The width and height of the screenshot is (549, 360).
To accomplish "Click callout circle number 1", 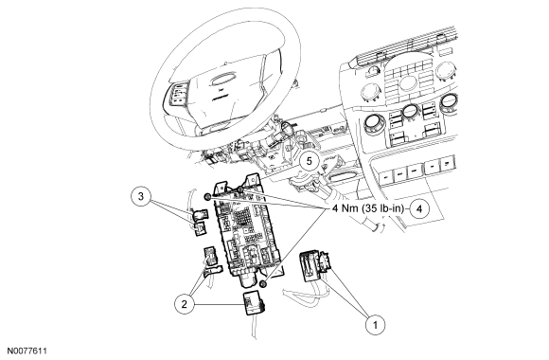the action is click(375, 325).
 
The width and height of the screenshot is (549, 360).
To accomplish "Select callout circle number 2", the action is click(185, 304).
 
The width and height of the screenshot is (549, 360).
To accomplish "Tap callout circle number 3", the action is click(141, 196).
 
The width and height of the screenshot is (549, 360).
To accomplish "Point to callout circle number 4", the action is click(419, 209).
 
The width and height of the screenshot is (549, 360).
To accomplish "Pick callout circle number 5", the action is click(310, 161).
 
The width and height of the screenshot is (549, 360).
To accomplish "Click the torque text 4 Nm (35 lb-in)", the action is click(367, 208).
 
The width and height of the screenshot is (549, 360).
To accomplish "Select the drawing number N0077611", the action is click(27, 351).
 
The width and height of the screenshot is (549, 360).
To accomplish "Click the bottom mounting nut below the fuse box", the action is click(264, 284).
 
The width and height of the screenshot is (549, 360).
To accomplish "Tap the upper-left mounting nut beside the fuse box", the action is click(207, 197).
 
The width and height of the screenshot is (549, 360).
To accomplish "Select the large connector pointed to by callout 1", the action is click(313, 265).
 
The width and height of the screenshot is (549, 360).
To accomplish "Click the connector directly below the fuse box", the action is click(254, 304).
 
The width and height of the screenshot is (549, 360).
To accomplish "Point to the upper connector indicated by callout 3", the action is click(200, 214).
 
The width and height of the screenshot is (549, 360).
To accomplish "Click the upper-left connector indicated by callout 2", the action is click(210, 256).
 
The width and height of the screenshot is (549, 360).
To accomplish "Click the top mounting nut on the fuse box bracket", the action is click(240, 189).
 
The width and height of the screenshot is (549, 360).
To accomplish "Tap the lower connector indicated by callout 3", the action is click(200, 228).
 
